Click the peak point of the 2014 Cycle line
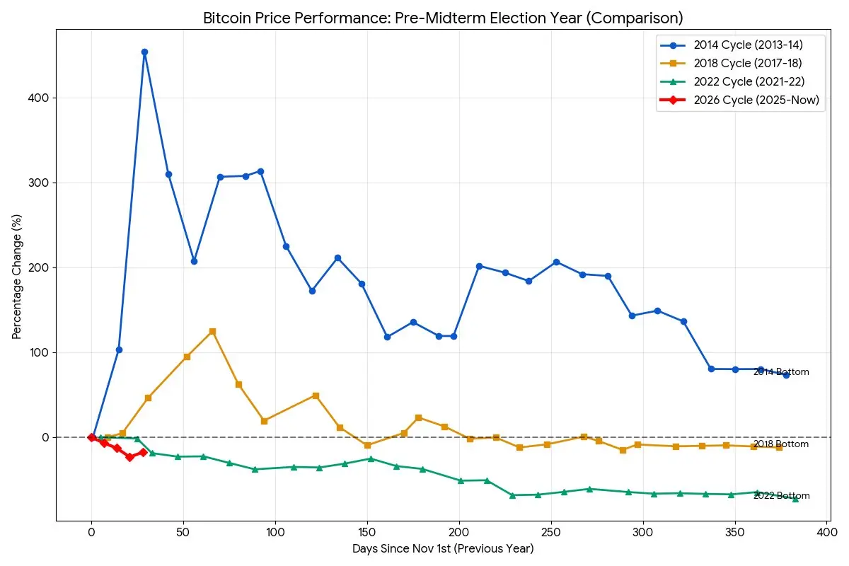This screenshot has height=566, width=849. (144, 52)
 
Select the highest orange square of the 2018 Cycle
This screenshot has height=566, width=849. (212, 331)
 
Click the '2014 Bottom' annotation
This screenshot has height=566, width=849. (781, 372)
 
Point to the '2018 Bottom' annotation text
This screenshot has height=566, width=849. (781, 444)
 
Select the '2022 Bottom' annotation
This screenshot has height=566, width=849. (781, 496)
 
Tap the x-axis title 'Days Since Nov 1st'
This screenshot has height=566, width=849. (443, 548)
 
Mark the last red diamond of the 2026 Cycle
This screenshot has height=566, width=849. (143, 452)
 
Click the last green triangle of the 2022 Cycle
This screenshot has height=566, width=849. (795, 499)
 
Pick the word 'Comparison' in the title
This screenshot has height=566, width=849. (640, 18)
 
